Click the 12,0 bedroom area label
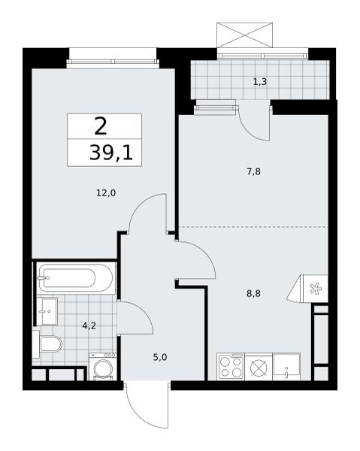pyautogui.click(x=106, y=193)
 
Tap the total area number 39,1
pyautogui.click(x=111, y=153)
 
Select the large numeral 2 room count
pyautogui.click(x=101, y=126)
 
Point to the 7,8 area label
pyautogui.click(x=253, y=172)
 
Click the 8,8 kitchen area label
pyautogui.click(x=253, y=294)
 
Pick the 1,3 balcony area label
pyautogui.click(x=260, y=82)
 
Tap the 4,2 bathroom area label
pyautogui.click(x=89, y=326)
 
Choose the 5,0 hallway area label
pyautogui.click(x=160, y=358)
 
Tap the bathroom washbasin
pyautogui.click(x=47, y=311)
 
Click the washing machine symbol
pyautogui.click(x=103, y=367)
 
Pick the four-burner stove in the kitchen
pyautogui.click(x=230, y=367)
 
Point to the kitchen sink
pyautogui.click(x=286, y=367)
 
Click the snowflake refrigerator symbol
pyautogui.click(x=316, y=289)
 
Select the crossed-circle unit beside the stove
pyautogui.click(x=259, y=368)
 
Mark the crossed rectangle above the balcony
pyautogui.click(x=244, y=35)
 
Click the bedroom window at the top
pyautogui.click(x=113, y=62)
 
